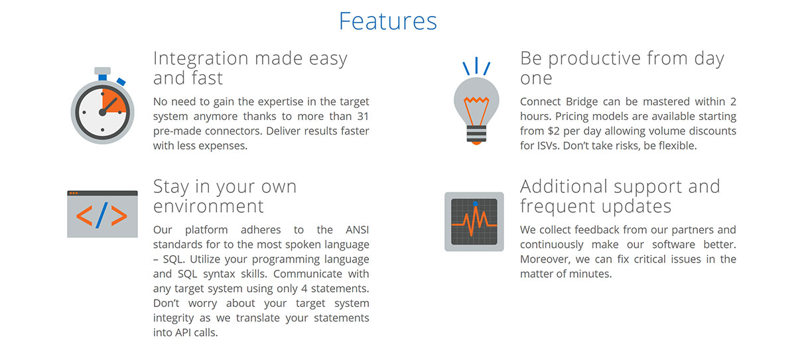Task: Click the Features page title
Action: tap(387, 21)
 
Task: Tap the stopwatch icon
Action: tap(102, 105)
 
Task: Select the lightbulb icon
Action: tap(476, 101)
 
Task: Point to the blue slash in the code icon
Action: tap(101, 215)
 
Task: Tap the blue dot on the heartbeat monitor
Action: tap(476, 204)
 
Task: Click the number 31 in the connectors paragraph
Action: tap(363, 117)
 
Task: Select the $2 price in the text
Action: tap(553, 131)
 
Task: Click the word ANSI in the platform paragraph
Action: tap(357, 229)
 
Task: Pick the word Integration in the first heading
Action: tap(201, 58)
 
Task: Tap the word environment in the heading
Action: tap(208, 206)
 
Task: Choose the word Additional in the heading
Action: tap(564, 186)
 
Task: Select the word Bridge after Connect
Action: tap(582, 102)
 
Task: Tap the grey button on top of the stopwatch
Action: tap(102, 71)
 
